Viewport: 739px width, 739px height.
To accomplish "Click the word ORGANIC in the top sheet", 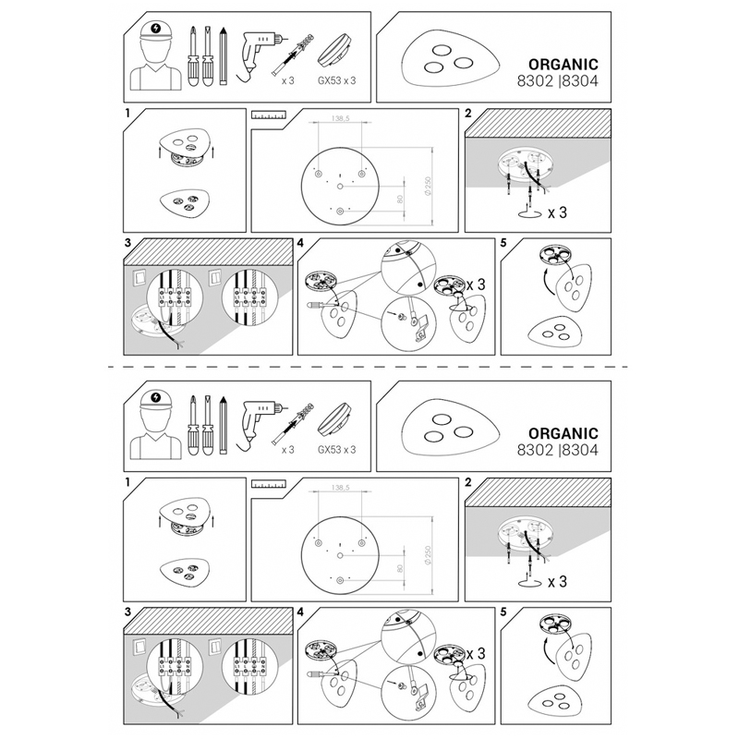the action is coord(563,65).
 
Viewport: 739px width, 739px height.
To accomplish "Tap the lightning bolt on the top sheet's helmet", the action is coord(156,29).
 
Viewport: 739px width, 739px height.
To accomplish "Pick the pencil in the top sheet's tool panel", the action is coord(224,56).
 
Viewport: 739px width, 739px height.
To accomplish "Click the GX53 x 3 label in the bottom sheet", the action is coord(337,450).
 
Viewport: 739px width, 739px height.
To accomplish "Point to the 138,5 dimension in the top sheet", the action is coord(340,119).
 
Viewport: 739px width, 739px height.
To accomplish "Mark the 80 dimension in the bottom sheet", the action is coord(400,569).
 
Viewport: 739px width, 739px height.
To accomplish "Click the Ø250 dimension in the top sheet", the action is coord(428,187).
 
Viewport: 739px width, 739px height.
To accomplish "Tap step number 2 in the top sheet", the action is coord(468,113).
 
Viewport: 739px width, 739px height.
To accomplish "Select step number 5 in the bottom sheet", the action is coord(503,612).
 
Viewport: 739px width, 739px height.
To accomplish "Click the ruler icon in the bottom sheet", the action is coord(269,484).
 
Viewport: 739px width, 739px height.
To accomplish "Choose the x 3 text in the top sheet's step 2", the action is coord(557,213).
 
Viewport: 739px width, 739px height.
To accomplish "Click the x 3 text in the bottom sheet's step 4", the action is coord(476,654).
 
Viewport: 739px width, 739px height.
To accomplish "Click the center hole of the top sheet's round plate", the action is coord(340,187).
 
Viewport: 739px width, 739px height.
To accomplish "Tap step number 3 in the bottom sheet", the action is coord(127,612).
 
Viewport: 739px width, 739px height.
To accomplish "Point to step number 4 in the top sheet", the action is coord(301,243).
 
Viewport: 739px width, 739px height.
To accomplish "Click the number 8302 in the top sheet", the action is coord(535,81).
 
